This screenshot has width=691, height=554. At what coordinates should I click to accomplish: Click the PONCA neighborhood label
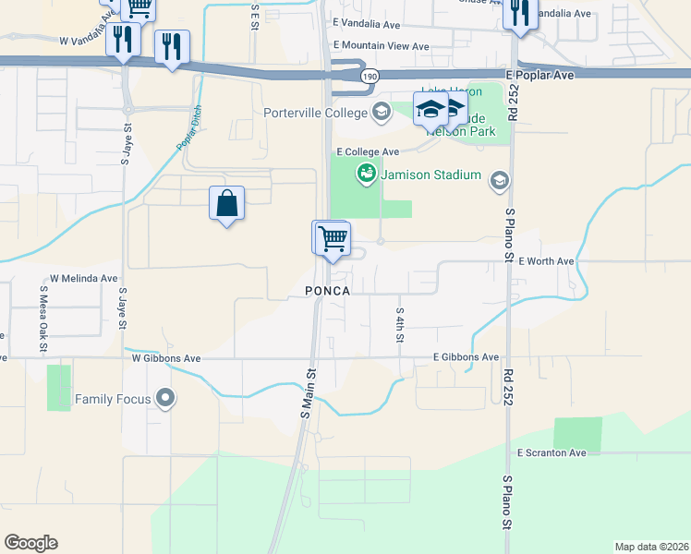click(327, 291)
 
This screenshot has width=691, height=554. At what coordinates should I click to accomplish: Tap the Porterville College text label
click(316, 114)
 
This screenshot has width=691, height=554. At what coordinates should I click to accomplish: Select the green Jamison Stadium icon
click(367, 174)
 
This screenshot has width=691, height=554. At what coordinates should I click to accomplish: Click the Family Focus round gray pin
click(165, 399)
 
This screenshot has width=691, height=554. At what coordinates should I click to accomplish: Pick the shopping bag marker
click(227, 203)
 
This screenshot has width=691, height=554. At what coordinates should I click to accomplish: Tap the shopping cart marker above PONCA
click(332, 239)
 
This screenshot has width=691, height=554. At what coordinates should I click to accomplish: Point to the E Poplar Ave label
click(546, 70)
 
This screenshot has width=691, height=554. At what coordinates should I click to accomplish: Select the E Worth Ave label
click(546, 261)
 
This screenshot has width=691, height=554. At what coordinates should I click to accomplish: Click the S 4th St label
click(400, 325)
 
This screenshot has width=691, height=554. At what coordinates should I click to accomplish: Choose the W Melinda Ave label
click(84, 278)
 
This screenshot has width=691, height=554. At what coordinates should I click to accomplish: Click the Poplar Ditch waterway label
click(189, 128)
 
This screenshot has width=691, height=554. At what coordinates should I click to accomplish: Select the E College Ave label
click(368, 151)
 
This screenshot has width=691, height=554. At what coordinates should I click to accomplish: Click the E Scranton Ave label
click(552, 453)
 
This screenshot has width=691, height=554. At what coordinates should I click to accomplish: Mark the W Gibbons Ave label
click(166, 358)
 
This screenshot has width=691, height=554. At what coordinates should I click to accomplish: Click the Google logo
click(30, 543)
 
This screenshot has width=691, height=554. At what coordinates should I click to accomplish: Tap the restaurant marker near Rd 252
click(518, 14)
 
